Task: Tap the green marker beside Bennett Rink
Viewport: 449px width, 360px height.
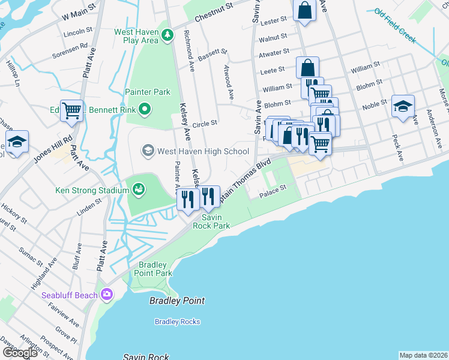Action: [144, 109]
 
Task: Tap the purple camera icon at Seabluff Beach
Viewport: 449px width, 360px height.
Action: [107, 295]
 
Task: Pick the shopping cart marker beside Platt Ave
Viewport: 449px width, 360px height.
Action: [72, 110]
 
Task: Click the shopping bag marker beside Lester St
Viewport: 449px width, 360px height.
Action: [305, 10]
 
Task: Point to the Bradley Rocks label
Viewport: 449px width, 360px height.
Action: [177, 322]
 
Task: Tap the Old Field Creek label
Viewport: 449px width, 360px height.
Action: [394, 26]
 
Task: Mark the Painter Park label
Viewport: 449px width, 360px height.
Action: [148, 92]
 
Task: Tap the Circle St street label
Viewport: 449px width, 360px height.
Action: [204, 124]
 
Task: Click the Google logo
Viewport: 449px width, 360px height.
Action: [20, 353]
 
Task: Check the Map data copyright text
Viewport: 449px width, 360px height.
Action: [423, 355]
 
